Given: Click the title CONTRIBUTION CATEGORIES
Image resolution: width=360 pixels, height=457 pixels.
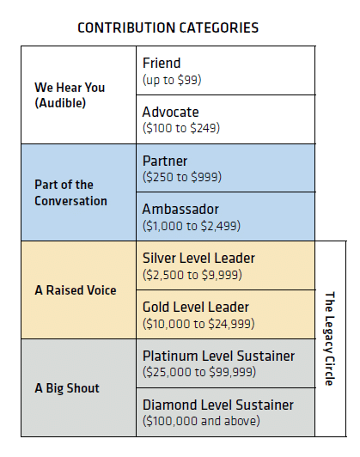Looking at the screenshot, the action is pyautogui.click(x=168, y=28).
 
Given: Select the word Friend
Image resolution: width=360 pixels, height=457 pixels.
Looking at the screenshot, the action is pyautogui.click(x=162, y=63).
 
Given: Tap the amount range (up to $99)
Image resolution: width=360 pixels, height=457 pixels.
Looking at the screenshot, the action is pyautogui.click(x=172, y=80).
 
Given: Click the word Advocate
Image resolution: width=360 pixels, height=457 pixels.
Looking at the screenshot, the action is pyautogui.click(x=170, y=112).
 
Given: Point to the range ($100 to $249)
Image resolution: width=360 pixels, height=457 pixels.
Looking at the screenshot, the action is pyautogui.click(x=181, y=128).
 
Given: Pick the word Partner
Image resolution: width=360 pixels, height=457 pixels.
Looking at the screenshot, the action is pyautogui.click(x=165, y=161).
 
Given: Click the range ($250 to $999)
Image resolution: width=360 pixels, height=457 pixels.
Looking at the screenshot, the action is pyautogui.click(x=182, y=177).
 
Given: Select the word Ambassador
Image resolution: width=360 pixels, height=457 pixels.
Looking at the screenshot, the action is pyautogui.click(x=180, y=210).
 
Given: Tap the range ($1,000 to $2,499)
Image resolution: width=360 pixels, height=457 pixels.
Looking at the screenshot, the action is pyautogui.click(x=192, y=226).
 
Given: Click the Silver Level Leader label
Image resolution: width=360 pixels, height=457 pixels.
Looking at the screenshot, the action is pyautogui.click(x=198, y=259).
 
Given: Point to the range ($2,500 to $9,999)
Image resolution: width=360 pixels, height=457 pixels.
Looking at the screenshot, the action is pyautogui.click(x=192, y=275).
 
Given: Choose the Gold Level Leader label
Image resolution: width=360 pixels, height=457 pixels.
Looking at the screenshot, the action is pyautogui.click(x=196, y=308).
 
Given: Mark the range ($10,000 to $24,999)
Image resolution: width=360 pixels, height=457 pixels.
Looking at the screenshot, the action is pyautogui.click(x=198, y=324).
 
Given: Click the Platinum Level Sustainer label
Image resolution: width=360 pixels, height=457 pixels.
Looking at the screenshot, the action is pyautogui.click(x=218, y=356).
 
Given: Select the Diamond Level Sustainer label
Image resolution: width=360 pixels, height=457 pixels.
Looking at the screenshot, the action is pyautogui.click(x=218, y=405).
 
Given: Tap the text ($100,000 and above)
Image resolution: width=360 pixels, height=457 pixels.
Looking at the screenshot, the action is pyautogui.click(x=201, y=421).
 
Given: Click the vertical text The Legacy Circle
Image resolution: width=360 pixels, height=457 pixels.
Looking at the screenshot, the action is pyautogui.click(x=330, y=338).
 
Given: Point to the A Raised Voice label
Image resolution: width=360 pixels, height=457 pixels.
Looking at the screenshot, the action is pyautogui.click(x=76, y=290).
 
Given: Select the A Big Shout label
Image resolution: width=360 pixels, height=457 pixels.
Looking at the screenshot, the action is pyautogui.click(x=67, y=388).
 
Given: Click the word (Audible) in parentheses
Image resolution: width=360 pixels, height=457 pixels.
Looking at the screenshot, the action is pyautogui.click(x=60, y=103).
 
